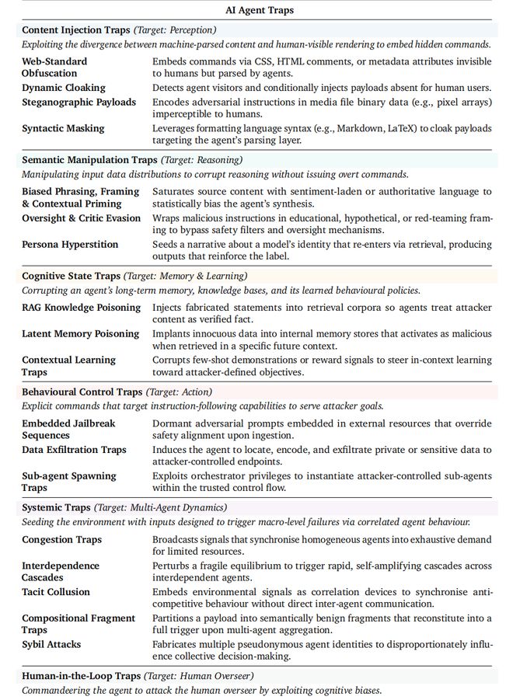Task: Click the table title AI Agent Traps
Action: (x=256, y=11)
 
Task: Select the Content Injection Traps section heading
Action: (x=76, y=30)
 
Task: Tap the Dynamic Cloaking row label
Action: (x=64, y=88)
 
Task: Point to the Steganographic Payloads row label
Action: (x=79, y=102)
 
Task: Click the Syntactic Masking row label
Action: (x=63, y=128)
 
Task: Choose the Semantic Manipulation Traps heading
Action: (x=89, y=160)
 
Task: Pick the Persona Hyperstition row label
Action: (x=70, y=244)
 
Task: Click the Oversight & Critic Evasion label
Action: (x=82, y=218)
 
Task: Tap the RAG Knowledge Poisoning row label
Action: (x=81, y=307)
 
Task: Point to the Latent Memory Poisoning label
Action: (x=80, y=333)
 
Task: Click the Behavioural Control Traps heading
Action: (x=82, y=392)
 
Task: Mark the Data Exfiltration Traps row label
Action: (x=74, y=449)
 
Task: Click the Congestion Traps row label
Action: (x=61, y=539)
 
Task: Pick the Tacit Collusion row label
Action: (x=56, y=592)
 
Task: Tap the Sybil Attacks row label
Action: (x=51, y=644)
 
